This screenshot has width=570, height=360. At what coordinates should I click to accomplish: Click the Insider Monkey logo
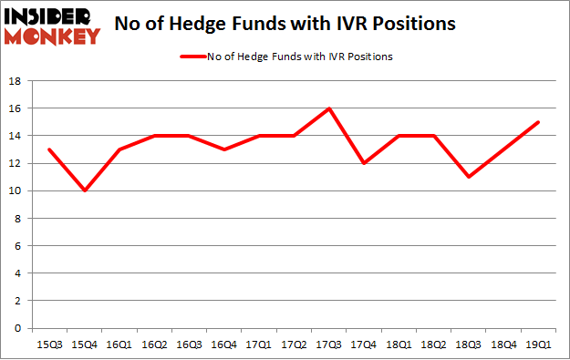coord(52,26)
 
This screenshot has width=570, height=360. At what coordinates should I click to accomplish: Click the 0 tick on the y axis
coord(18,328)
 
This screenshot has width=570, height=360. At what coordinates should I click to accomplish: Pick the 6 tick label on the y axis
coord(18,246)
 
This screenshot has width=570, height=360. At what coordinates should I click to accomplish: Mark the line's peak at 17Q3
coord(328,108)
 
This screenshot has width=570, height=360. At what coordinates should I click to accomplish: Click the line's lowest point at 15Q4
coord(84,190)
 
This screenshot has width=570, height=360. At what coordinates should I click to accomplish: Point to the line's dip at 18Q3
coord(468,177)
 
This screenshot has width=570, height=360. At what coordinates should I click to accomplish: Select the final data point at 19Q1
coord(537,122)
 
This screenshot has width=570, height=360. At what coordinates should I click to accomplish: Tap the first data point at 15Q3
coord(49,149)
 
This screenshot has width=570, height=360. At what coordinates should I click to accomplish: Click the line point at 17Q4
coord(363,163)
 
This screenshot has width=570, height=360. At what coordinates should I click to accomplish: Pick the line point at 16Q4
coord(223,149)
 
